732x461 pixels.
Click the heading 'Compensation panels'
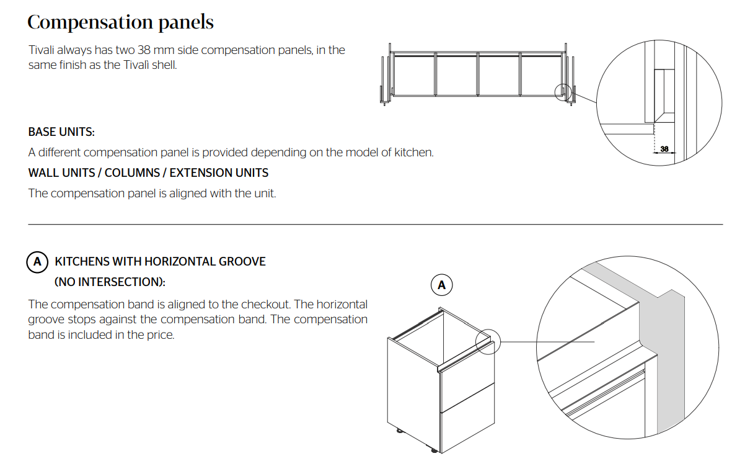click(x=120, y=22)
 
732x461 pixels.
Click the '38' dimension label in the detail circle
click(x=664, y=149)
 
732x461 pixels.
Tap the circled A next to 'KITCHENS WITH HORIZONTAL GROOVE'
click(x=37, y=262)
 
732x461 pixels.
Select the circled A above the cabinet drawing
click(x=441, y=285)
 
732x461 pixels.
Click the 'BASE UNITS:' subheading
click(x=61, y=132)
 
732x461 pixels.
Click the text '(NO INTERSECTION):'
click(x=110, y=282)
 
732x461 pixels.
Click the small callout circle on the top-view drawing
click(x=563, y=92)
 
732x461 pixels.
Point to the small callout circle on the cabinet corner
click(x=488, y=342)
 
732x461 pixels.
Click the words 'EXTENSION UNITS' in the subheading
click(x=219, y=173)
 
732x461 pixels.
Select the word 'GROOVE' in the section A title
click(x=242, y=261)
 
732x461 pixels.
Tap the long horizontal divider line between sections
click(x=376, y=225)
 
